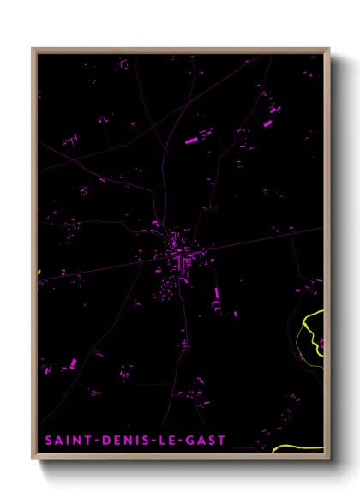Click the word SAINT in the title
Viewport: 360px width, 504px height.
tap(61, 441)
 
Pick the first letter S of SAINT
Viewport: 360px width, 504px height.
tap(46, 441)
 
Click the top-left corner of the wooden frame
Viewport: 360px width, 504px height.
tap(33, 49)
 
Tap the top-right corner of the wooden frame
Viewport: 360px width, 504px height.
tap(328, 49)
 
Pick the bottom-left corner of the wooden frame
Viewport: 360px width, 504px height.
tap(33, 459)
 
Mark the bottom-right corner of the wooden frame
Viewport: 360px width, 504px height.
tap(328, 459)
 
